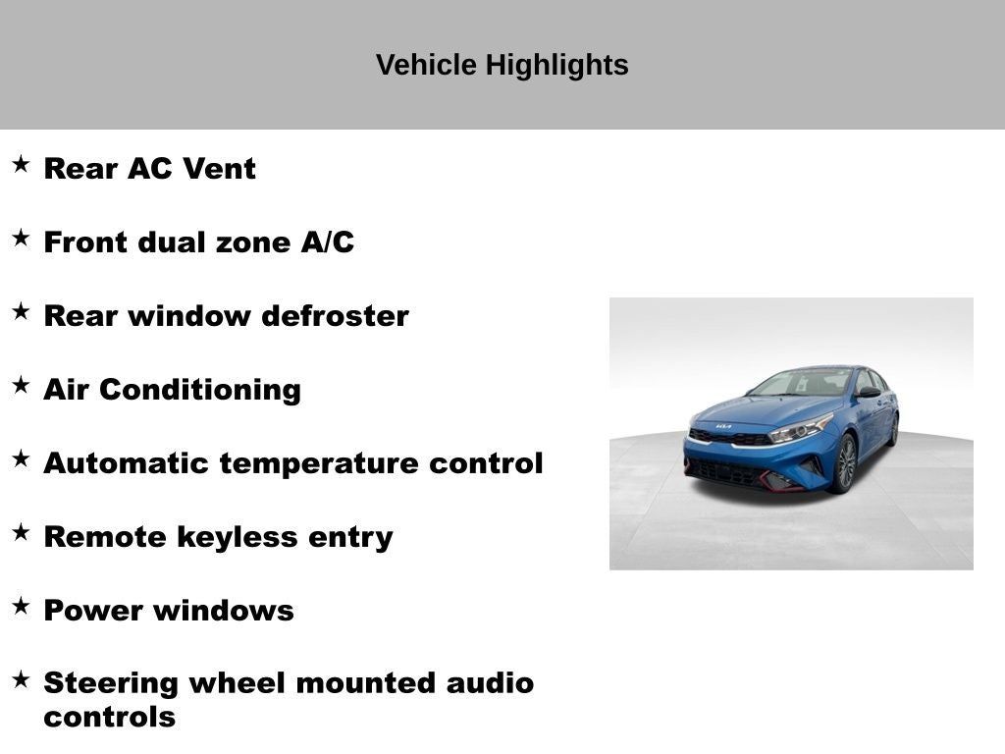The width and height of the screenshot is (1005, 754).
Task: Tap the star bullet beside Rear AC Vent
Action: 21,164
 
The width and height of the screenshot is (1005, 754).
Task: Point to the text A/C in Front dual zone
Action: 327,242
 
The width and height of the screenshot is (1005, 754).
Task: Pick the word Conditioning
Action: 200,390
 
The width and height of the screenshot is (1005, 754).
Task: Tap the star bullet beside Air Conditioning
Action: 21,385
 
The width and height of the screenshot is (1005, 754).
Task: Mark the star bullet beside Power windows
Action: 21,606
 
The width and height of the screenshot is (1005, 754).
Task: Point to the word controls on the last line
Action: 109,717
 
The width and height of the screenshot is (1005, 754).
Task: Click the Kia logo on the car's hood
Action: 723,427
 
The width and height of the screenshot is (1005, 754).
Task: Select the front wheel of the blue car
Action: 844,463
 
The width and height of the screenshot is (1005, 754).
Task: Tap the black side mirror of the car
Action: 868,392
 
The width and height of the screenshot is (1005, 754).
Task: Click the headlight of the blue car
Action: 802,429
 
